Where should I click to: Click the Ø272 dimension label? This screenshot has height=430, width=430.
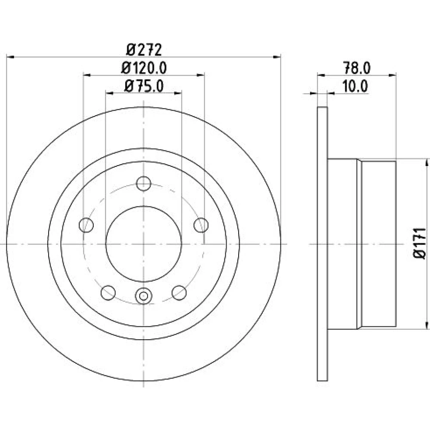(144, 50)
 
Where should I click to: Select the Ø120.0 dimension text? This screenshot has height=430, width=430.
(144, 68)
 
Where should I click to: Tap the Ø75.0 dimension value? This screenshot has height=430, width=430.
(144, 86)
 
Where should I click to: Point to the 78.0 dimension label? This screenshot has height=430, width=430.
(356, 68)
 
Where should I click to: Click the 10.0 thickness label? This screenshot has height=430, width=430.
(355, 86)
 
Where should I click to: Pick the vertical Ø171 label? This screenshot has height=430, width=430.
(420, 243)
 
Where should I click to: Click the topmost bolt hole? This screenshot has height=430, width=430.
(144, 184)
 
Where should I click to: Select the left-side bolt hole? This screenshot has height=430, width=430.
(86, 225)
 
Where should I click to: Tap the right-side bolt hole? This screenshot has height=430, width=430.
(201, 225)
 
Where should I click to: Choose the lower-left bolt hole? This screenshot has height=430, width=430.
(108, 292)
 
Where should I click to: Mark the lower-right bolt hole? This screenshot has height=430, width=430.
(179, 292)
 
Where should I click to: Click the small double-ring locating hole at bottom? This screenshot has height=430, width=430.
(144, 296)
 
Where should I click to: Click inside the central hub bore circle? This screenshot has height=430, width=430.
(144, 244)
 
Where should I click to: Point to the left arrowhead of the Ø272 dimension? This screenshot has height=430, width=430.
(10, 57)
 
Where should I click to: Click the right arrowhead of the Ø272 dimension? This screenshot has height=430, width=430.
(277, 57)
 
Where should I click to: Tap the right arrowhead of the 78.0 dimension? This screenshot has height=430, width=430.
(393, 74)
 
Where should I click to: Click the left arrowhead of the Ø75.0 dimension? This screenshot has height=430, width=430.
(109, 93)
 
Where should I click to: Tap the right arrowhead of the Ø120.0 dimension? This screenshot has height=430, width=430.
(201, 74)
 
